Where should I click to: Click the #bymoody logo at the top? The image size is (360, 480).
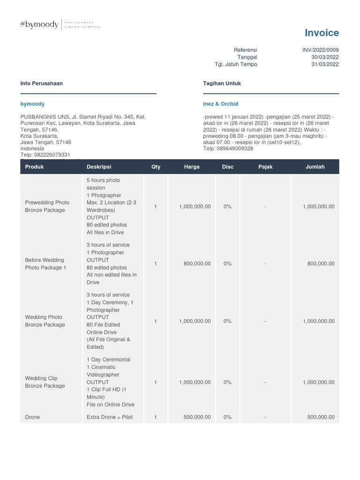coord(39,25)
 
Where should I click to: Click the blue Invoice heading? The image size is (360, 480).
coord(322,33)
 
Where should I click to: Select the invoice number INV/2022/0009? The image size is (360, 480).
coord(321,50)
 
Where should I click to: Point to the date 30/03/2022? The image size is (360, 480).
coord(325,57)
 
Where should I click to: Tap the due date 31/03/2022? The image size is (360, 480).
coord(325,64)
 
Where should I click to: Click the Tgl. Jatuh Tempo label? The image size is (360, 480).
coord(236,64)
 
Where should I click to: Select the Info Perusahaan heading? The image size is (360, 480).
coord(42,83)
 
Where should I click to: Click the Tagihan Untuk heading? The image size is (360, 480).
coord(222,83)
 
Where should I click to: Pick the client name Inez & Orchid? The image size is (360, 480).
coord(221,104)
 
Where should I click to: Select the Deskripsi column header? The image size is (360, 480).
coord(99,167)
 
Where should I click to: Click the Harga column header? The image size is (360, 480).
coord(192,167)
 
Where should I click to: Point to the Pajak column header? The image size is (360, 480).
coord(265,167)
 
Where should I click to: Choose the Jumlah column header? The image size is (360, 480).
coord(315,167)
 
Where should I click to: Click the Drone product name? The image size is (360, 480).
coord(32,417)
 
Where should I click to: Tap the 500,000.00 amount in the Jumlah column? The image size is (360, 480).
coord(321,417)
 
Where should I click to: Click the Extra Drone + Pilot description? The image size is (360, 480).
coord(110,417)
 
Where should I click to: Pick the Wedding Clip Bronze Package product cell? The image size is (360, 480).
coord(45,382)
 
